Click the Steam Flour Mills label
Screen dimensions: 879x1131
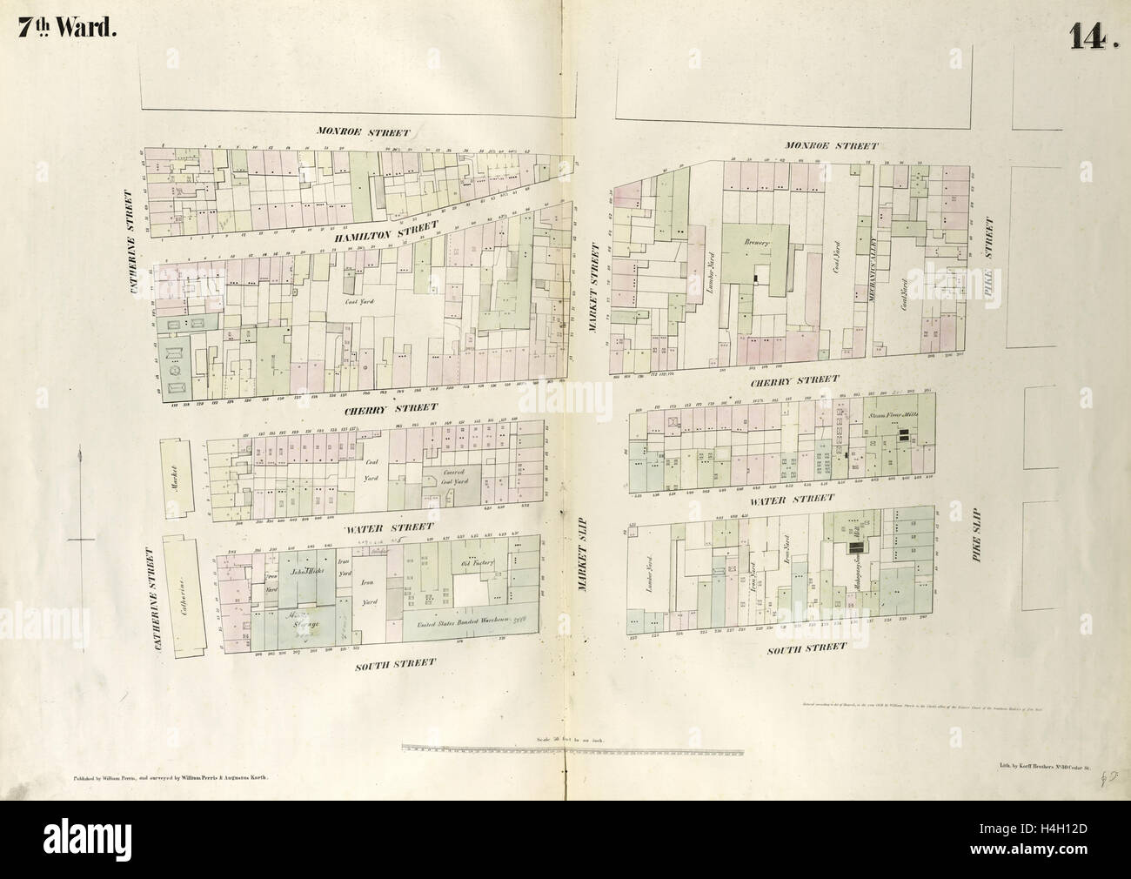tap(896, 416)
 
